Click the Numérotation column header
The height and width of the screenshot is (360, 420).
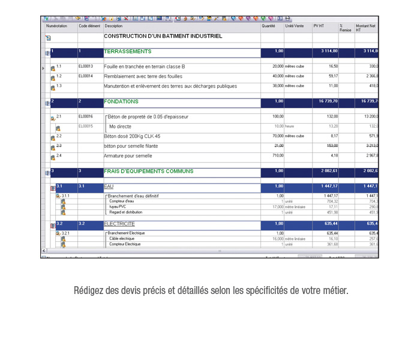click(56, 26)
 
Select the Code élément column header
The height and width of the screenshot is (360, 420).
click(89, 26)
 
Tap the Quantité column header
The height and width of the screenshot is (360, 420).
click(268, 26)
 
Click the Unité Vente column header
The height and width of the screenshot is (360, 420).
click(294, 26)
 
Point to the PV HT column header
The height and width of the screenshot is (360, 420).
click(319, 26)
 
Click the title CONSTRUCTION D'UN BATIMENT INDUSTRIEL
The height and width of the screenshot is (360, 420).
click(163, 37)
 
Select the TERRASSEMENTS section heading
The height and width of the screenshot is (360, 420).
click(127, 52)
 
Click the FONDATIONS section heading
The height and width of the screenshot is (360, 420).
click(121, 102)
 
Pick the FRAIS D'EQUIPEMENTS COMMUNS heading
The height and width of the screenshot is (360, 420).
click(149, 172)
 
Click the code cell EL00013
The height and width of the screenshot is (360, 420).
click(86, 66)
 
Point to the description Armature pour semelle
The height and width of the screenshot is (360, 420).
click(128, 156)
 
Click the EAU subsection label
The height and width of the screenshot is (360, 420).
click(109, 187)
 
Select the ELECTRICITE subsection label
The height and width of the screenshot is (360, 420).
click(119, 224)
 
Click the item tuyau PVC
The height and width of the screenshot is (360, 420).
click(117, 206)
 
